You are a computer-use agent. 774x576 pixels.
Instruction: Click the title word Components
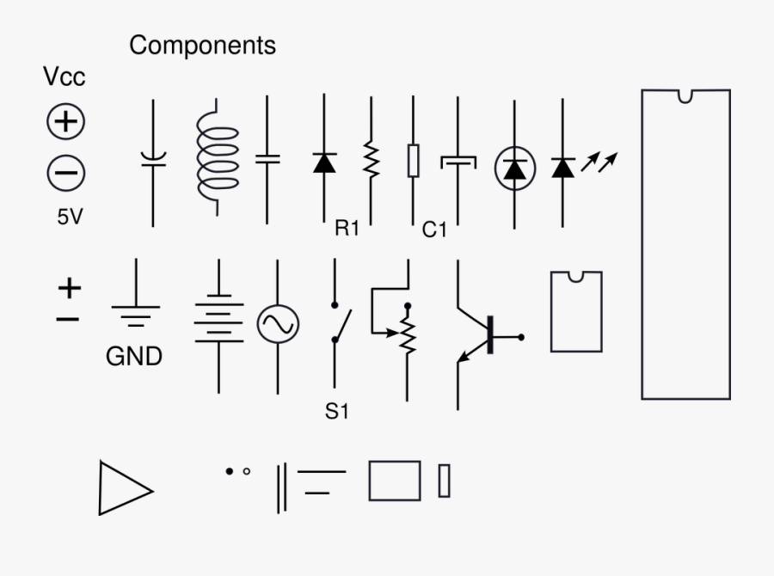203,46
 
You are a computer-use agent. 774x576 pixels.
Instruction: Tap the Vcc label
64,77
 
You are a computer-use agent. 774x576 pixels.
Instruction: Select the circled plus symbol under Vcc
65,122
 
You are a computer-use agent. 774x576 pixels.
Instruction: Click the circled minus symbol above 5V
65,173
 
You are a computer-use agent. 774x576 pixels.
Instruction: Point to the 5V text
71,218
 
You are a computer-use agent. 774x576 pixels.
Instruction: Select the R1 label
347,229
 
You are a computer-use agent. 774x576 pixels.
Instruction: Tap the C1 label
435,230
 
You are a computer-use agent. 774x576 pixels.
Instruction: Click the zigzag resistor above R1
372,160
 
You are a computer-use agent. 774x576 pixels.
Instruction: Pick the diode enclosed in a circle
515,169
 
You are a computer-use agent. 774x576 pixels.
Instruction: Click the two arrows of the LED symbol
599,161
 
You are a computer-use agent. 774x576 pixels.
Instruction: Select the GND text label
133,357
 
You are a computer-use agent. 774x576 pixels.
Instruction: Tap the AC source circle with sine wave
278,324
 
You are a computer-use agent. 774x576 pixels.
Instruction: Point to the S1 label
337,412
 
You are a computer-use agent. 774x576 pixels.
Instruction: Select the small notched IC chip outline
575,311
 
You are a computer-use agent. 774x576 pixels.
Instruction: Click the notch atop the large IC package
685,96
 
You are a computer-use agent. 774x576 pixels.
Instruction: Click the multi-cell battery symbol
218,320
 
